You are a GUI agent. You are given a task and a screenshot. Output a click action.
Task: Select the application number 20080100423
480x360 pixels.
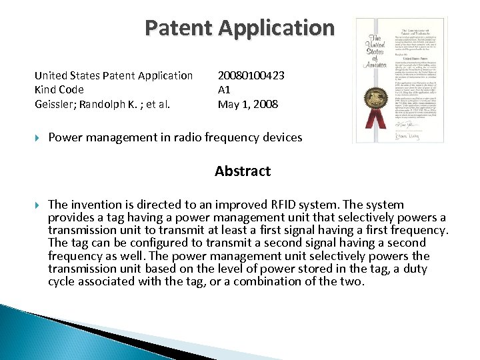(251, 75)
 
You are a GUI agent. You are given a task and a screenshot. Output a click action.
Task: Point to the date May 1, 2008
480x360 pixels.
(247, 104)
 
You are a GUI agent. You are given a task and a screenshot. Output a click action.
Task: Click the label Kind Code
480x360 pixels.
(59, 89)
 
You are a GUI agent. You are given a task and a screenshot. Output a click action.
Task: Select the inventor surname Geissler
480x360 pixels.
(55, 104)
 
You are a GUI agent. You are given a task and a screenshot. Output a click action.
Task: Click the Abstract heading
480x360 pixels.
(243, 171)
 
